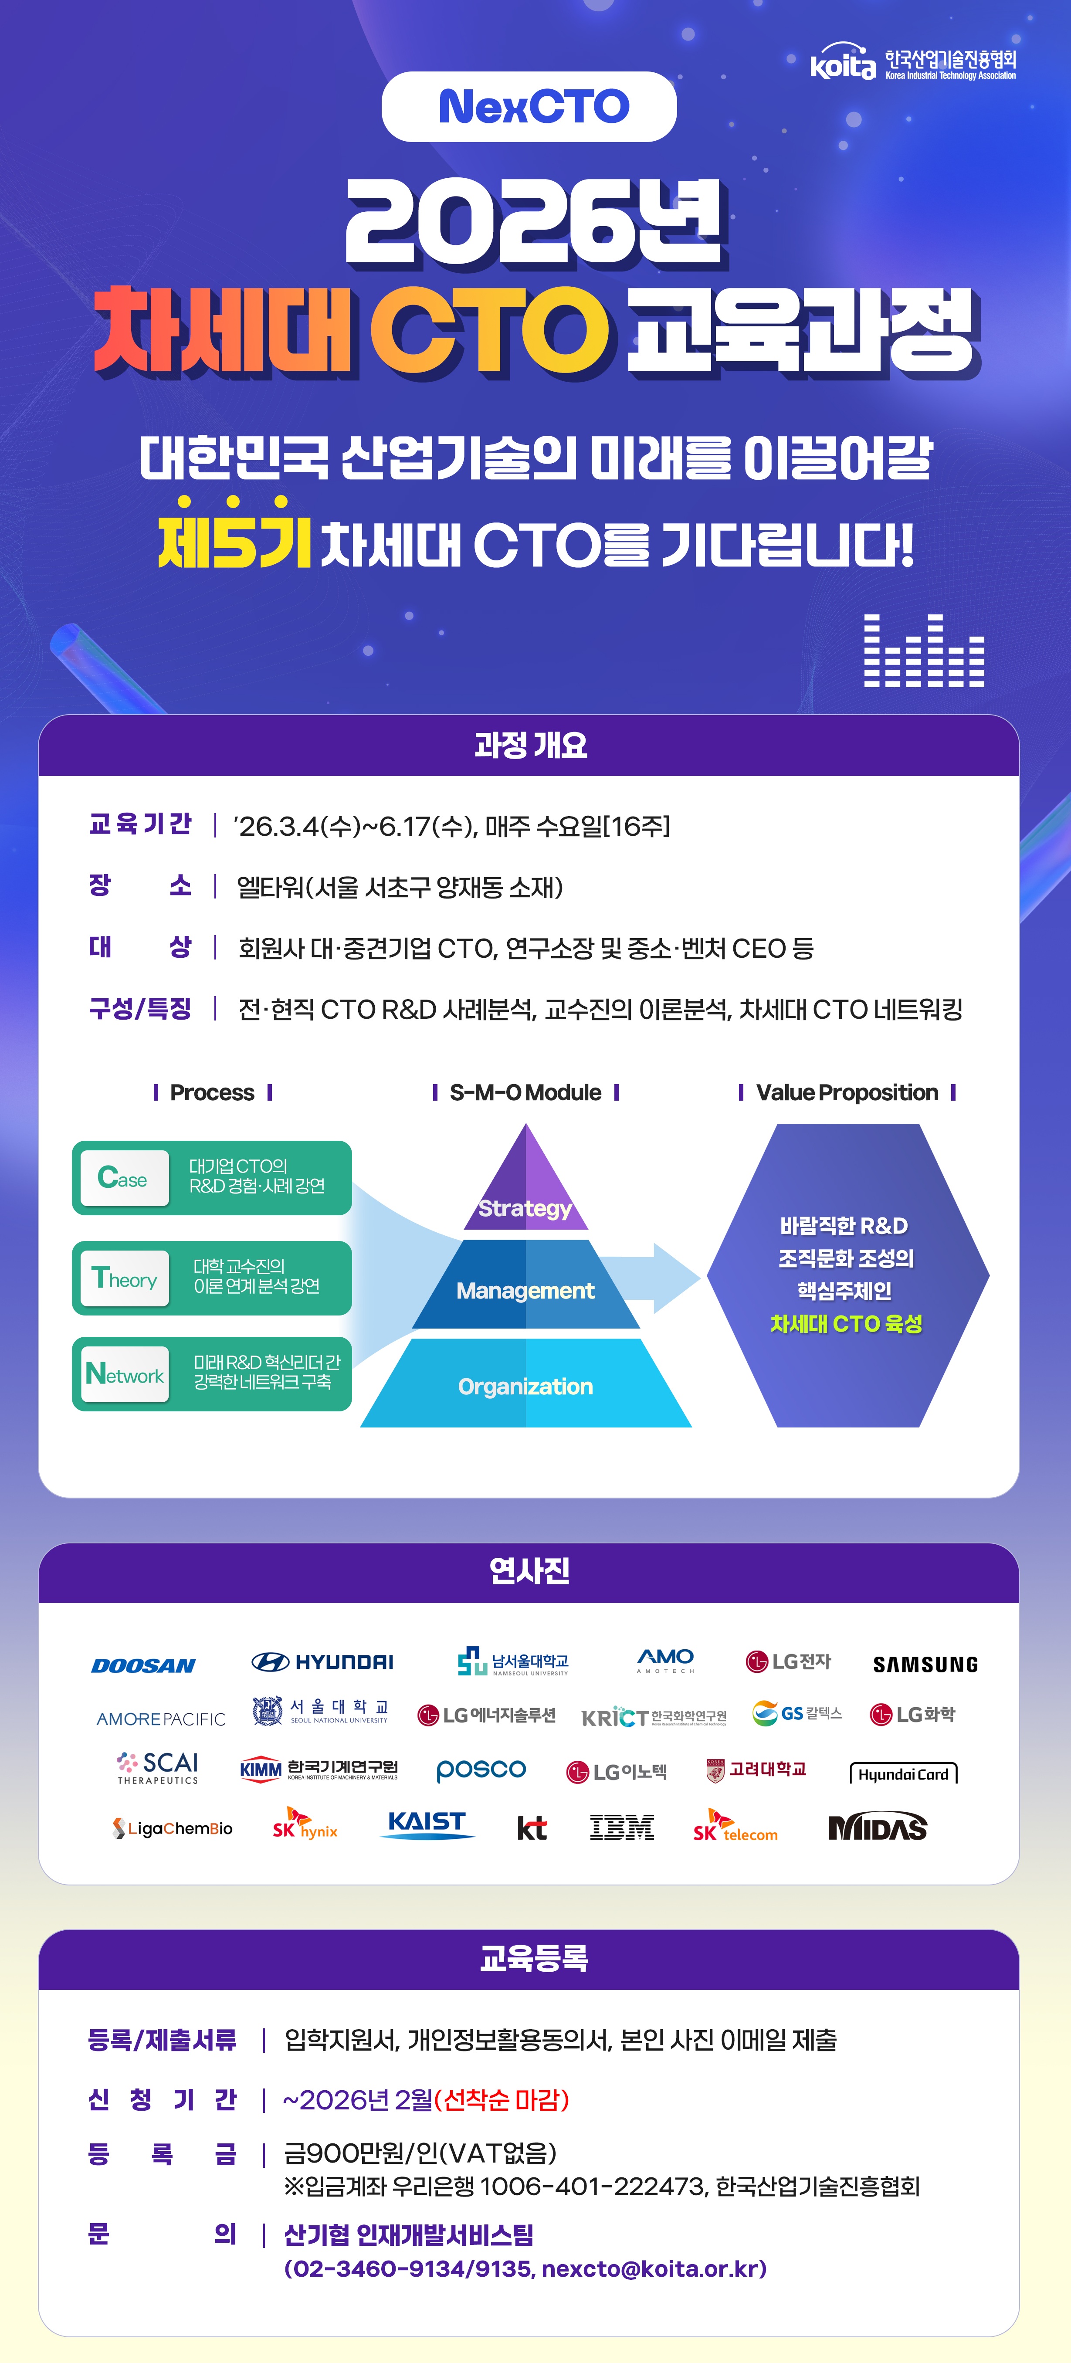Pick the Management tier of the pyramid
pos(525,1290)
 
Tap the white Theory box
pos(125,1278)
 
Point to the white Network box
pos(125,1374)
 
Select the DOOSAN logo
pos(143,1665)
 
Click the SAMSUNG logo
pos(925,1664)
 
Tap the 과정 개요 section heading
pos(530,745)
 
